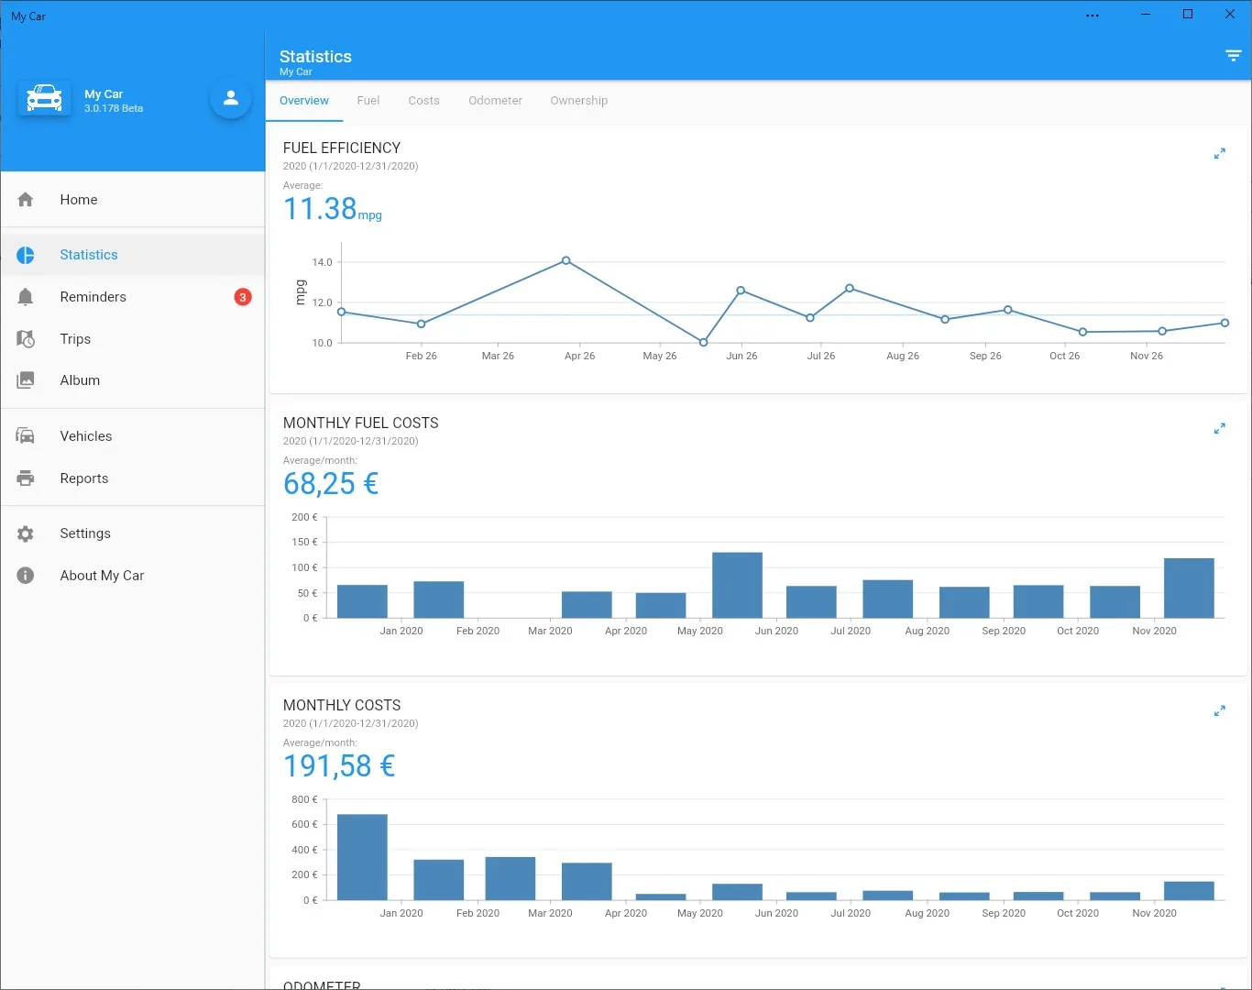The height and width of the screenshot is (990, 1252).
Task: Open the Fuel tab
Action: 368,100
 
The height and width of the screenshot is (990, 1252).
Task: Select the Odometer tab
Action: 495,100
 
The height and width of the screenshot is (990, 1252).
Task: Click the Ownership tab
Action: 579,100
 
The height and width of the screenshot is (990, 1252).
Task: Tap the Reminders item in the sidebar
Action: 93,297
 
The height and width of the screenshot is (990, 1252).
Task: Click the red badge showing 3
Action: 243,297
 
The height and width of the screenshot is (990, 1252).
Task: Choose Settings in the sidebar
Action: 85,533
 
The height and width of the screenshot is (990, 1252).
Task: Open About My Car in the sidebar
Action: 102,575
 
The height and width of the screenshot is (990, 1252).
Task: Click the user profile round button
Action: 231,98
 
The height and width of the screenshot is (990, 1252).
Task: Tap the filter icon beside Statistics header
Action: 1233,55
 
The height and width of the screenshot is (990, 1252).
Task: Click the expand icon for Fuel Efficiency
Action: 1219,153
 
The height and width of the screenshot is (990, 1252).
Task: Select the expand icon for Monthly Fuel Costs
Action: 1219,428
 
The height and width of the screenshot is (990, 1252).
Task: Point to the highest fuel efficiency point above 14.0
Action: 566,260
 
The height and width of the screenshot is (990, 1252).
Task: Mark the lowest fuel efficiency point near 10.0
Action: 703,342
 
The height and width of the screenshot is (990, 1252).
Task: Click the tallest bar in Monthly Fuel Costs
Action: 737,585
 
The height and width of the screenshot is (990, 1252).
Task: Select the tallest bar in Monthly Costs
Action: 362,857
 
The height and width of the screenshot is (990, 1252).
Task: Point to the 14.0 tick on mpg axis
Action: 323,262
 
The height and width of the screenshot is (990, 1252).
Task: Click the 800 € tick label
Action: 304,799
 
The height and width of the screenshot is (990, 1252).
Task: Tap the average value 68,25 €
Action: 331,484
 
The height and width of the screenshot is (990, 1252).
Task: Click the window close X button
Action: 1229,14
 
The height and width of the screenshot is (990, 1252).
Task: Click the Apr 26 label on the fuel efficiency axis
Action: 579,356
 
